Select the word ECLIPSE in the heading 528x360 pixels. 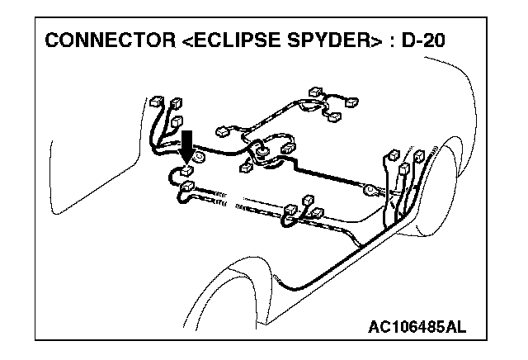(229, 40)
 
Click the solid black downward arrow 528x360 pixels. (187, 144)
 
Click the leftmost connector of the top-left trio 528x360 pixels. (158, 104)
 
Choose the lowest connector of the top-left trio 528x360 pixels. (174, 121)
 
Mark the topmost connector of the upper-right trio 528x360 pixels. (314, 90)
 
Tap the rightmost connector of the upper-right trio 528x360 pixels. (352, 102)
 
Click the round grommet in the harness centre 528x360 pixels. (260, 151)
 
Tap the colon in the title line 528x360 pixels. (391, 41)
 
